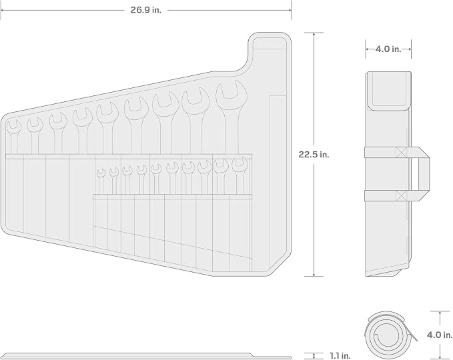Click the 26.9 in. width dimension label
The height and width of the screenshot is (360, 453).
146,10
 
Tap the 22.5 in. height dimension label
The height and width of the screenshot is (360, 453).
314,155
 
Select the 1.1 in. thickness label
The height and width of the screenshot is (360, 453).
340,356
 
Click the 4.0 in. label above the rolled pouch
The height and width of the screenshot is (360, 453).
388,49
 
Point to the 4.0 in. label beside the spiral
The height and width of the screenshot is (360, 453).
440,335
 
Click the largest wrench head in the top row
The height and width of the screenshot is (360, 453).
232,95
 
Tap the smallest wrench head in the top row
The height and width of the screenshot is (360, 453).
13,127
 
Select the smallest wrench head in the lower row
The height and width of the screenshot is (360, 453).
101,173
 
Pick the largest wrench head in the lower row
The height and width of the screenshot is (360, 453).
240,164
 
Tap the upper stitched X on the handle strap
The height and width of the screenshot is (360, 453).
401,152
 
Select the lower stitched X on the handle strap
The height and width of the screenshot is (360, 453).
401,195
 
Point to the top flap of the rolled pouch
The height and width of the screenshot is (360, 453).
389,91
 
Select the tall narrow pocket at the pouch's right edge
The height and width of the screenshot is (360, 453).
278,182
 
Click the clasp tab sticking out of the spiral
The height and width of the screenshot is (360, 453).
412,331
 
